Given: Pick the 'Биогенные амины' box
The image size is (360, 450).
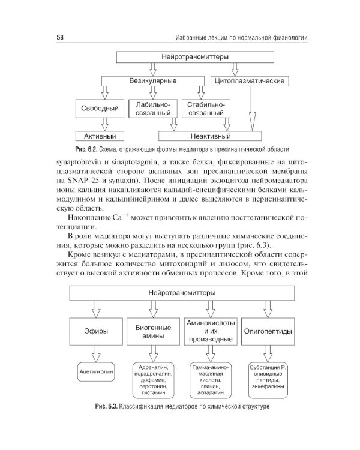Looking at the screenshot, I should pos(153,330).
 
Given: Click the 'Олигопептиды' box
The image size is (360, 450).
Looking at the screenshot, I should pos(267,330).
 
